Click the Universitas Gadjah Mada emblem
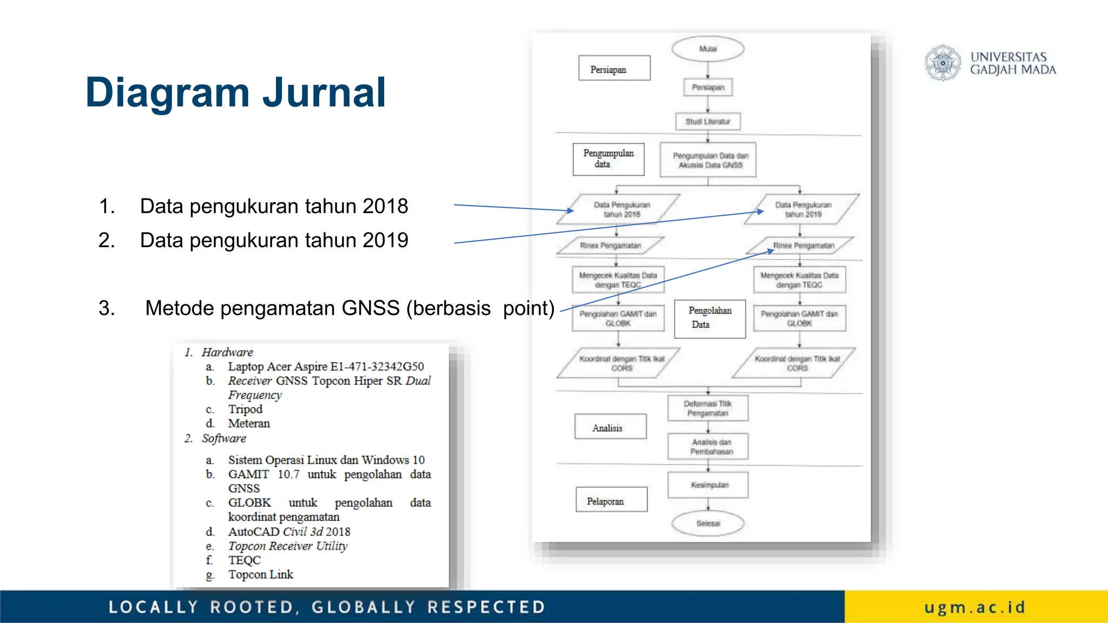pos(942,63)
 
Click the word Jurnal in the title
pos(324,92)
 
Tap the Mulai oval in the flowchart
pos(708,49)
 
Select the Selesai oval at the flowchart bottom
pos(708,523)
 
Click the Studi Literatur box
pos(708,122)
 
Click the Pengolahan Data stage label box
pos(710,318)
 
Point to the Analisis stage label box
pos(610,428)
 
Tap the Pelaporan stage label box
pos(611,501)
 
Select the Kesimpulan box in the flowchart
pos(708,485)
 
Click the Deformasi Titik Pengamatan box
pos(708,408)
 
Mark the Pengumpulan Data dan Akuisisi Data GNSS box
pos(708,161)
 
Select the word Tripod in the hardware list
pos(245,409)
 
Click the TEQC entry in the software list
pos(244,560)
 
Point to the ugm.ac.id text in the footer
pos(974,607)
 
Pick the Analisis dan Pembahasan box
pos(708,447)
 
